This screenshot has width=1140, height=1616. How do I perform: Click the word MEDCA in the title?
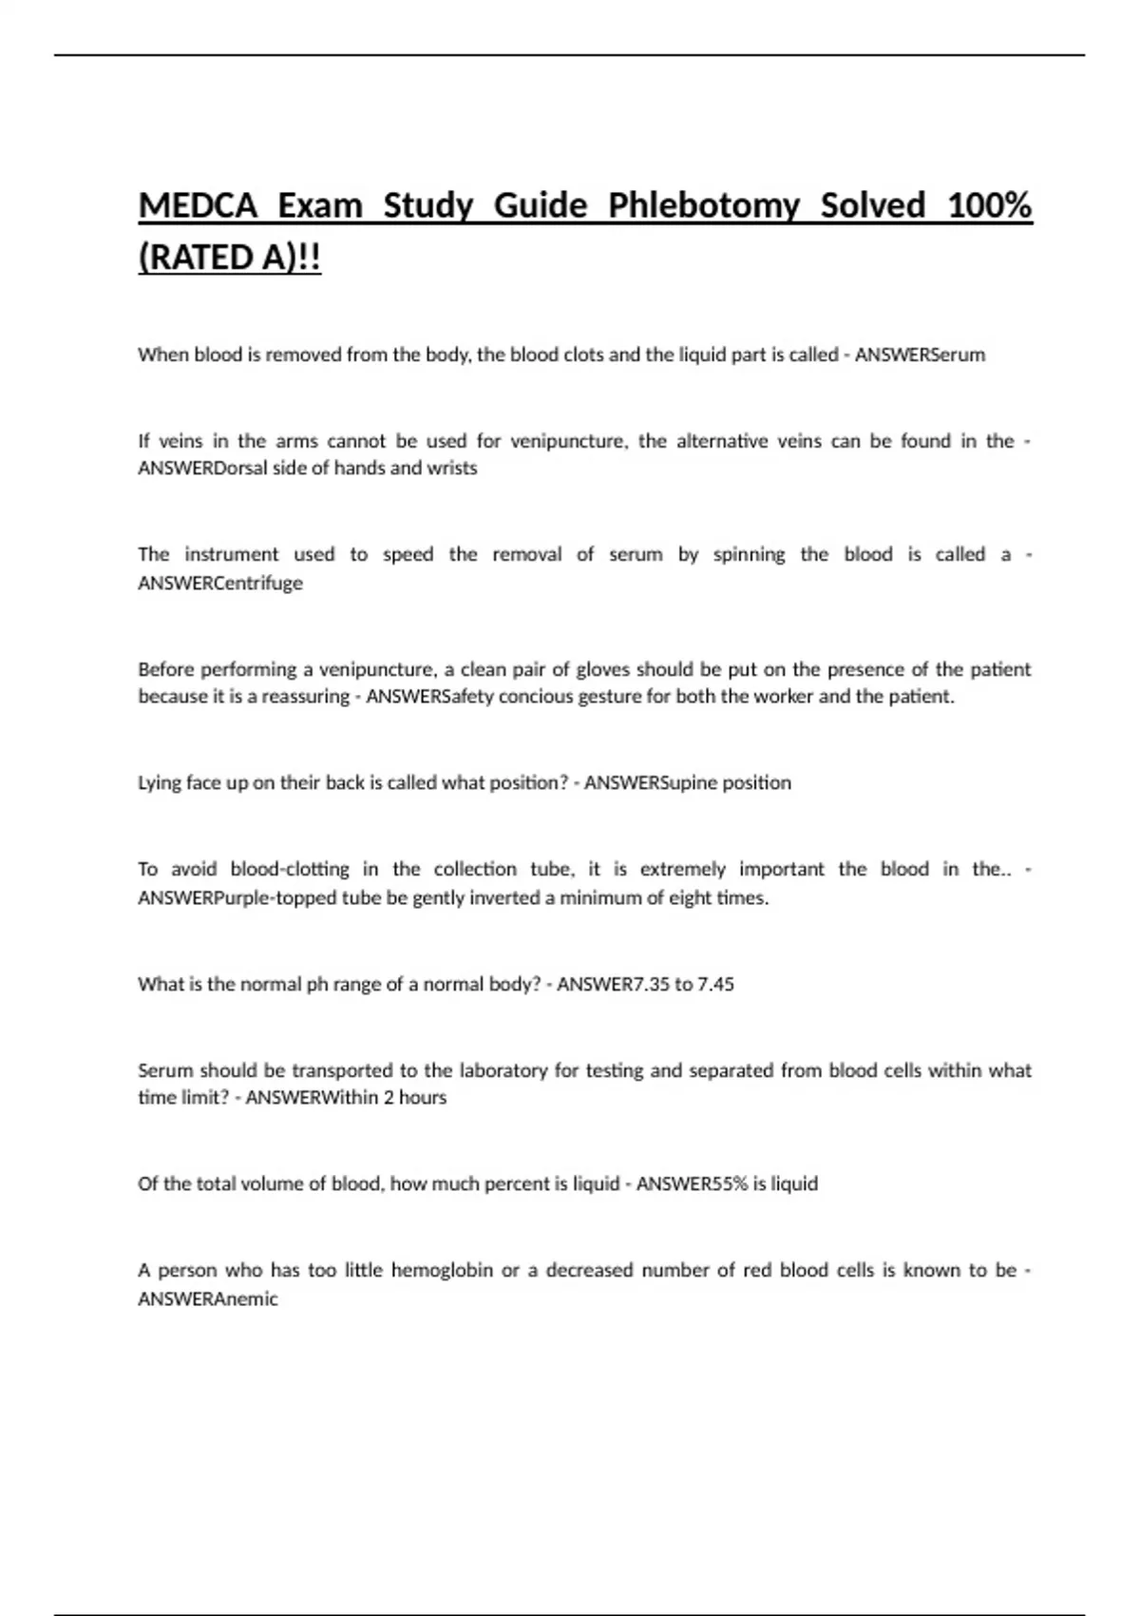click(198, 205)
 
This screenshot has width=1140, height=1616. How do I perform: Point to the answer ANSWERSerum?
click(920, 355)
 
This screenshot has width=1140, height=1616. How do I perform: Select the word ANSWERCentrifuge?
click(220, 583)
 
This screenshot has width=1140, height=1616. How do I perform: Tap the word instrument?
click(231, 554)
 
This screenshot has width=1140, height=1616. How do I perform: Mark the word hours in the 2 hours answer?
click(423, 1098)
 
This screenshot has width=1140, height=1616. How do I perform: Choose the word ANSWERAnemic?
click(208, 1299)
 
